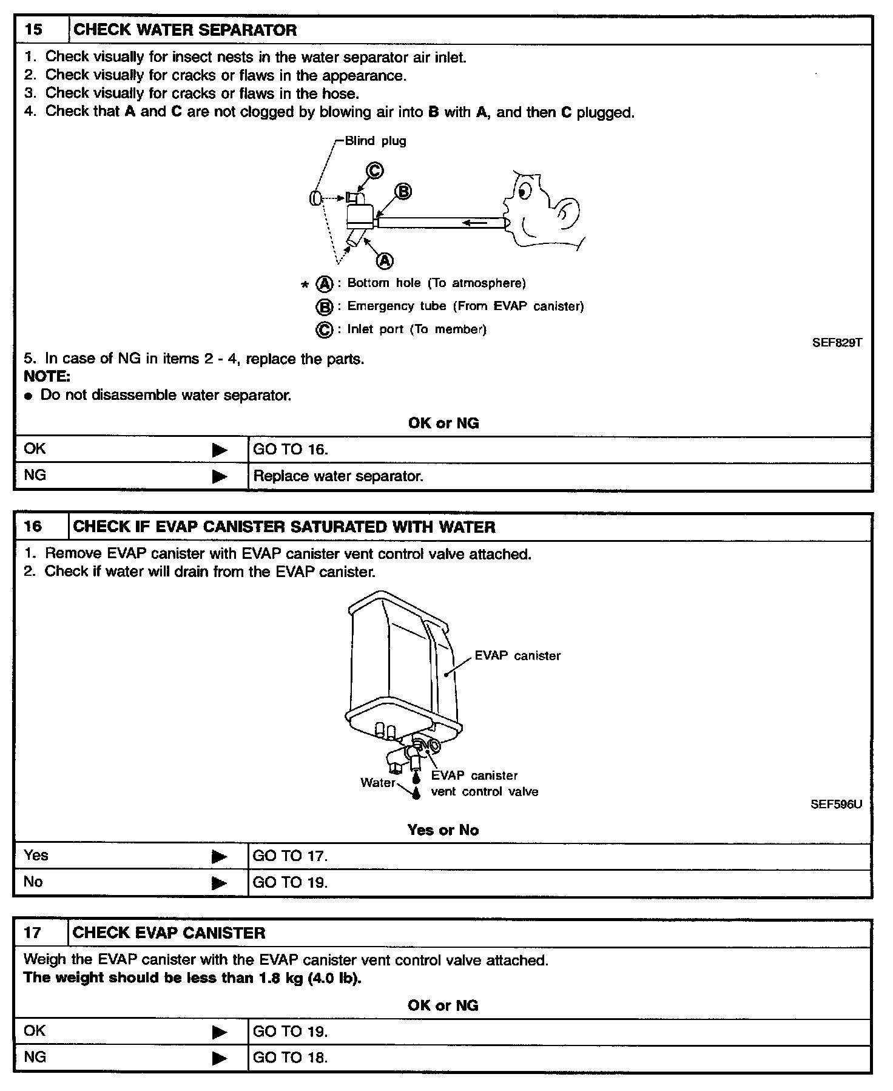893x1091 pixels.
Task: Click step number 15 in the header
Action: (34, 30)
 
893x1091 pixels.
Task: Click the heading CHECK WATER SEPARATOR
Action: (185, 30)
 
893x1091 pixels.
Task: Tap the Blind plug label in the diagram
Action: (376, 141)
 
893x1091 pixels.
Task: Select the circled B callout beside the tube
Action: (403, 192)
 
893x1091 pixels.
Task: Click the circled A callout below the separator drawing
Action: (385, 260)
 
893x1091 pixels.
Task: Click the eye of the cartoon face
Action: (523, 192)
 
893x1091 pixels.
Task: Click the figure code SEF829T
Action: (837, 342)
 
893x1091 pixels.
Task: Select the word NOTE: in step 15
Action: (47, 376)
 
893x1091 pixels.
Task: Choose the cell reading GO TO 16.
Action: (291, 450)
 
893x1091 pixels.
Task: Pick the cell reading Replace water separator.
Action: (338, 476)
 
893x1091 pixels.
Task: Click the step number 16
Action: (33, 526)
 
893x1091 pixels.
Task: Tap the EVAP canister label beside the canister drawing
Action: (517, 655)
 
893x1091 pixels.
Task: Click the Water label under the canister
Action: (377, 783)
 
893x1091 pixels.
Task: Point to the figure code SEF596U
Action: (836, 805)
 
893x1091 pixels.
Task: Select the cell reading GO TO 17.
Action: (290, 856)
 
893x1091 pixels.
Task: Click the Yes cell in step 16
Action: (36, 856)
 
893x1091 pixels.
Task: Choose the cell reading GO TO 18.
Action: (290, 1058)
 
